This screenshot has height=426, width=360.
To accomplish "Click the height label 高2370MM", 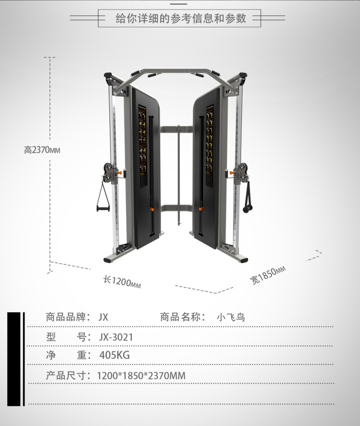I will point(42,150).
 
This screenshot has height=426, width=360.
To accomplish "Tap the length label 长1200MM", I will point(122,281).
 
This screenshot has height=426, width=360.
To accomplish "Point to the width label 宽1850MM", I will point(267,274).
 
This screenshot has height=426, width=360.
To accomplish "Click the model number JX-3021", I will point(116,337).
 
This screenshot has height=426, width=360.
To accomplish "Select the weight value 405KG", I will point(114,355).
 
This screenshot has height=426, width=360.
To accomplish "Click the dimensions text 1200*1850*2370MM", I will point(141,376).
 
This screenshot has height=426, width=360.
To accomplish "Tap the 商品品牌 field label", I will point(68,317).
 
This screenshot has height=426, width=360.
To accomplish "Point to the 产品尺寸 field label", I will point(68,376).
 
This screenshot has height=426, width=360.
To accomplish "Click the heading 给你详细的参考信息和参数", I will point(181,19).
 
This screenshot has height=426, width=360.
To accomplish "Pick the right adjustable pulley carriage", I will point(239,171).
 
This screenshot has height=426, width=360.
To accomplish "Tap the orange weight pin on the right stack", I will point(199,209).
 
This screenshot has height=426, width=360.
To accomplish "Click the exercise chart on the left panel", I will point(142,146).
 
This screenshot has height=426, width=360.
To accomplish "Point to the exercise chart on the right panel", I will point(210,146).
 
